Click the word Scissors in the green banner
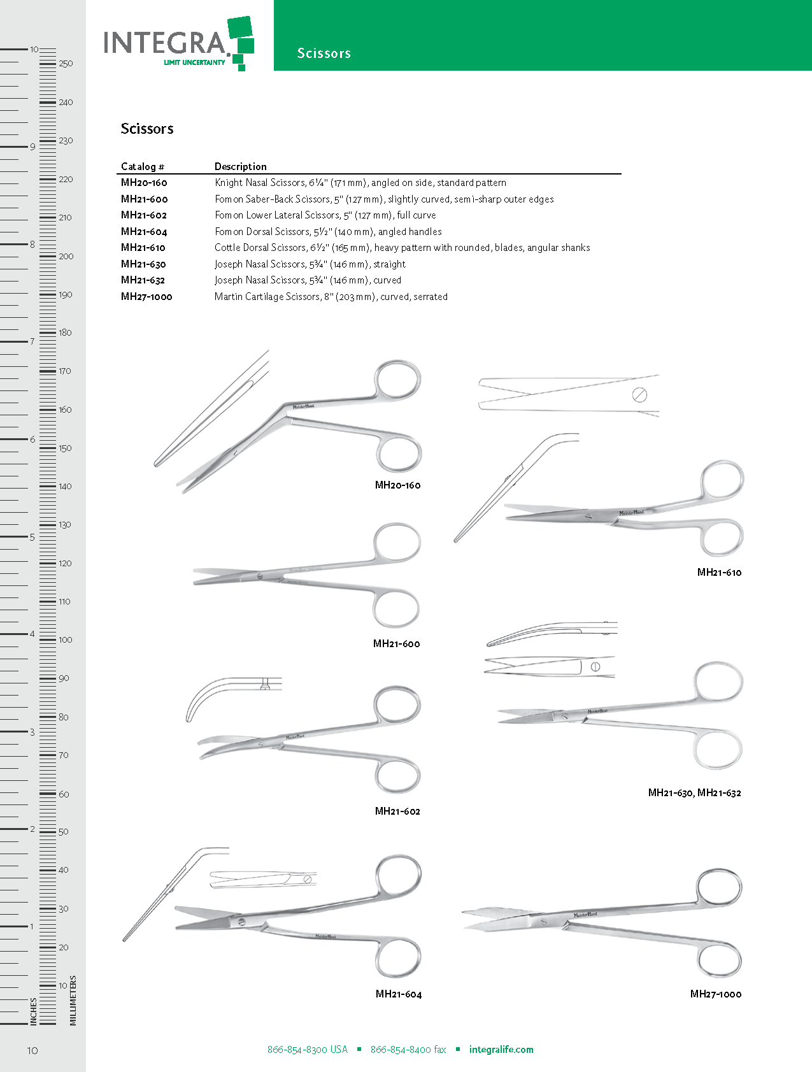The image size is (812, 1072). pos(324,54)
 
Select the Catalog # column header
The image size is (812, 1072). pos(142,167)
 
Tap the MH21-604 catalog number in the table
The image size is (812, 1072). pos(144,232)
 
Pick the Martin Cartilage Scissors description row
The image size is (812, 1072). pos(331,297)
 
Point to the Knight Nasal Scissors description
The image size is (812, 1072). pos(360,183)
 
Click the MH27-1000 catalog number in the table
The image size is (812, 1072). pos(146,297)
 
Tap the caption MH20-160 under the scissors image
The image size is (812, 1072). pos(397,485)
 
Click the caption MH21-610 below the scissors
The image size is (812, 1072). pos(719,573)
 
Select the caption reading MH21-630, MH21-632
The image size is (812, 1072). pos(694,793)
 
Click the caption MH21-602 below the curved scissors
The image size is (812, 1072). pos(397,811)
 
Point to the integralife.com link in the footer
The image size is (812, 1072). pos(501,1050)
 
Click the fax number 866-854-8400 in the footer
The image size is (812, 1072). pos(408,1050)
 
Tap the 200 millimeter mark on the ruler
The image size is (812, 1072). pos(66,257)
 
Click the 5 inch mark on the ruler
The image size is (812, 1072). pos(32,537)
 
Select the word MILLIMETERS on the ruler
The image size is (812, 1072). pos(73,1000)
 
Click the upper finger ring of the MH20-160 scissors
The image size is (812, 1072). pos(398,381)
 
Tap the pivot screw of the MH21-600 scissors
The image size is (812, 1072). pos(260,576)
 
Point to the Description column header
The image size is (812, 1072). pos(240,167)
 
